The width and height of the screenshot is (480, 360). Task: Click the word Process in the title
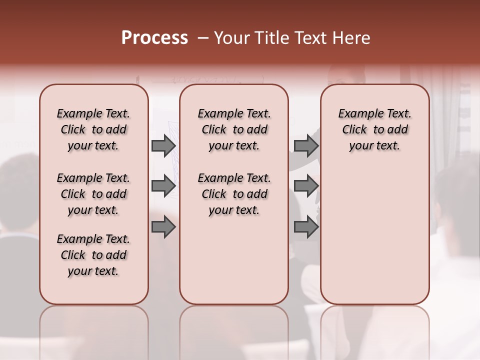tap(154, 38)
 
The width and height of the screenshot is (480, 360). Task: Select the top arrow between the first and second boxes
tap(163, 145)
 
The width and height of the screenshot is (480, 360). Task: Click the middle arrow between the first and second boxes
tap(163, 186)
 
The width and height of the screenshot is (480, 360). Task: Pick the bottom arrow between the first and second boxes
tap(163, 227)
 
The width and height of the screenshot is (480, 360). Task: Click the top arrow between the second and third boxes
tap(306, 145)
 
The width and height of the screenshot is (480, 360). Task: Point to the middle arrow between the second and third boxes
tap(306, 186)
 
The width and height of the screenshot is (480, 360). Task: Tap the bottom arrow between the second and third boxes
tap(306, 227)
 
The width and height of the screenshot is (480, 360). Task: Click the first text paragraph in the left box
tap(93, 129)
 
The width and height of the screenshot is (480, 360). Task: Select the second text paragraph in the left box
tap(93, 194)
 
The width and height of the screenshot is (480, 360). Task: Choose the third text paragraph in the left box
tap(93, 255)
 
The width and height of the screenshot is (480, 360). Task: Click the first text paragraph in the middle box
tap(234, 129)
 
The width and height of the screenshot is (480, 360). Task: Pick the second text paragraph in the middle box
tap(234, 194)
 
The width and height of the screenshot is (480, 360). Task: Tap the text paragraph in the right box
tap(374, 129)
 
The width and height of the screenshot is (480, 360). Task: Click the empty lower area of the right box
tap(374, 235)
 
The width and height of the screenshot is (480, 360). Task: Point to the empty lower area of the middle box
tap(234, 260)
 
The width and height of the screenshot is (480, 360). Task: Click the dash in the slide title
tap(203, 38)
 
